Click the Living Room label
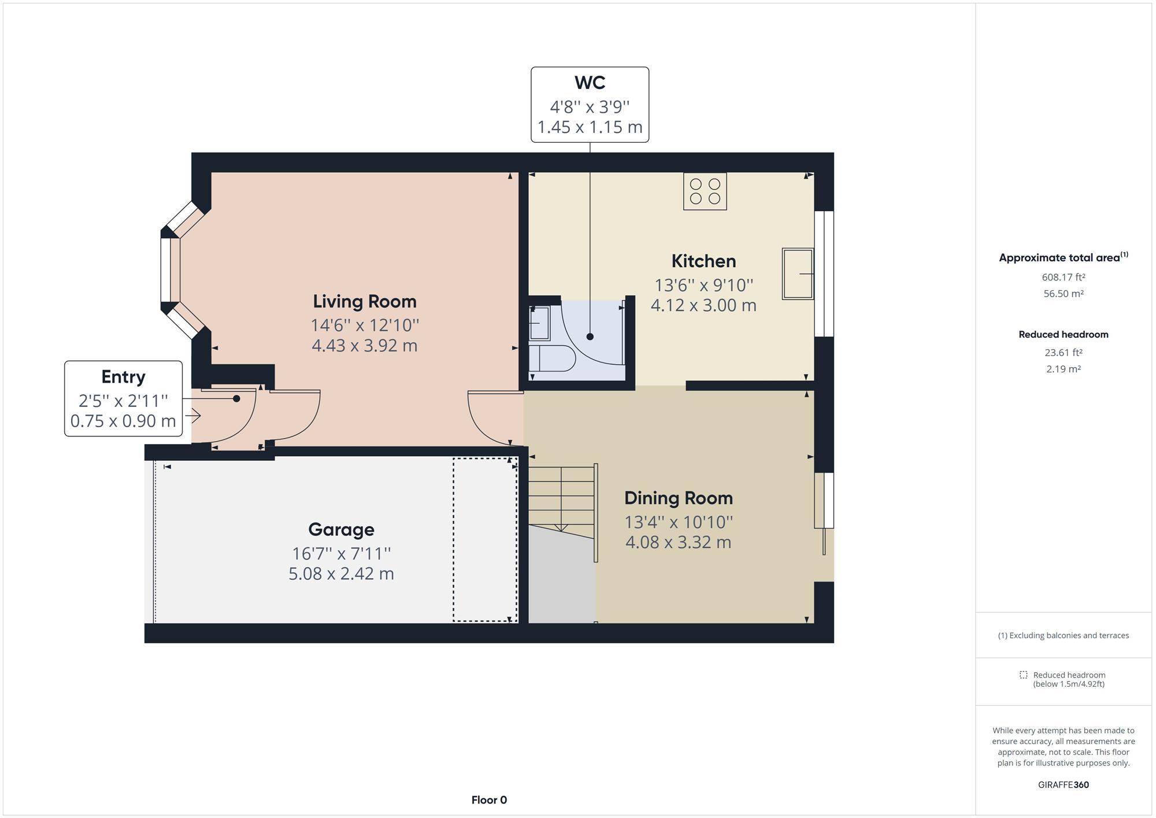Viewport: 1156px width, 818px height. coord(364,301)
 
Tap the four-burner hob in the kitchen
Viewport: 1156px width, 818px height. coord(705,191)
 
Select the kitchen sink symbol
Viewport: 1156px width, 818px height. coord(798,273)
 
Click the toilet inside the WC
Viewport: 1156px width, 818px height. coord(552,358)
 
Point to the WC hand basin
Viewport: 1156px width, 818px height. coord(540,323)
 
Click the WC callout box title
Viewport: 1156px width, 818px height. coord(590,83)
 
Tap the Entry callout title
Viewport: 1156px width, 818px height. coord(123,377)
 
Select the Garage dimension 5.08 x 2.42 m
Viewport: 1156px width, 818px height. coord(341,574)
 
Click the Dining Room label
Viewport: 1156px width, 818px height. coord(678,498)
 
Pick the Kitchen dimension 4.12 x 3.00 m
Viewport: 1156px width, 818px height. coord(703,305)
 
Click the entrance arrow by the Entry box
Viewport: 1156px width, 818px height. coord(194,415)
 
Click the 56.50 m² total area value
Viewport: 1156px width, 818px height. coord(1063,294)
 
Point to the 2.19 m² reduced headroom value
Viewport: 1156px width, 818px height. coord(1063,369)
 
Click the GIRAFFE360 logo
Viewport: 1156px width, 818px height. coord(1063,784)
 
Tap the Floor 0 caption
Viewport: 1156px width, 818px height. coord(489,800)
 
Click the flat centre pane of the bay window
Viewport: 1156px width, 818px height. coord(166,270)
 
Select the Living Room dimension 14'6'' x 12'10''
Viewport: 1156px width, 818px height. coord(364,325)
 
